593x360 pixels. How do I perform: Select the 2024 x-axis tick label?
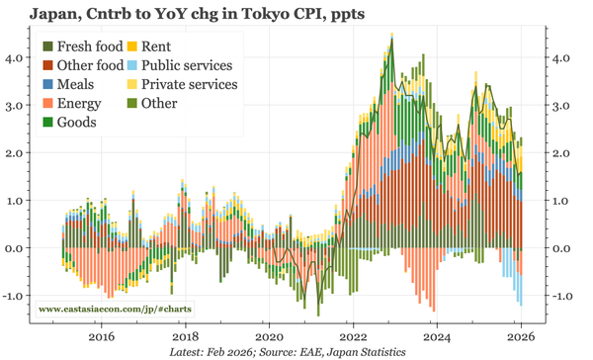pyautogui.click(x=436, y=335)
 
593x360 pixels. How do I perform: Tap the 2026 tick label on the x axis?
pyautogui.click(x=520, y=335)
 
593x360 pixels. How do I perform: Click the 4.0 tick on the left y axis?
pyautogui.click(x=18, y=58)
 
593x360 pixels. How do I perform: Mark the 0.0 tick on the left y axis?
pyautogui.click(x=18, y=248)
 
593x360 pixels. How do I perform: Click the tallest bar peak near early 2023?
pyautogui.click(x=391, y=40)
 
